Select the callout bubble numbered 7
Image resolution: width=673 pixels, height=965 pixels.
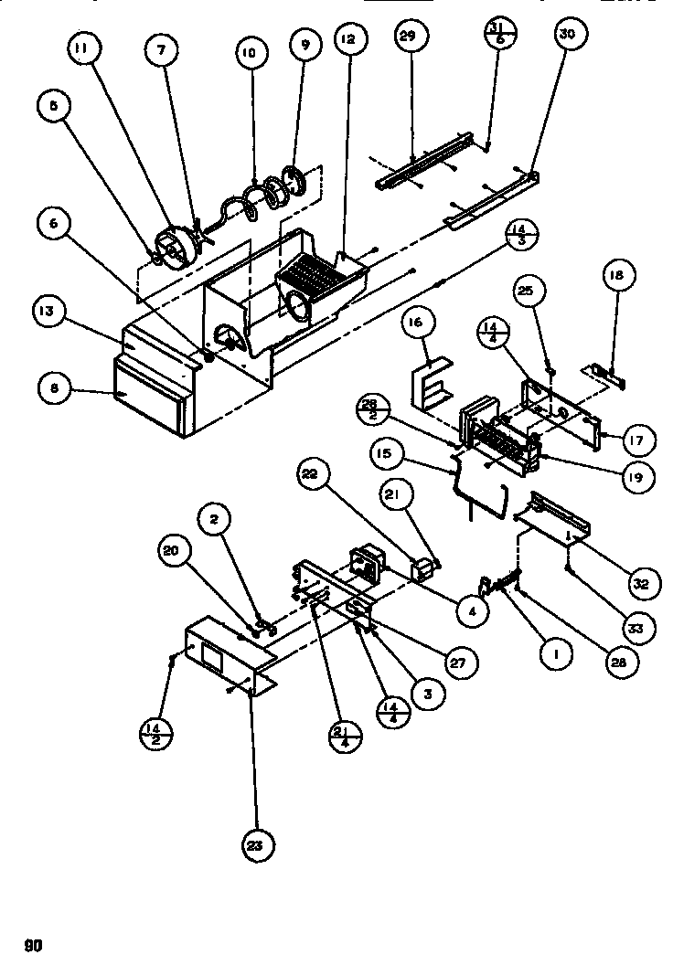point(161,52)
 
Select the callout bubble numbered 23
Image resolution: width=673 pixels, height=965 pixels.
point(257,847)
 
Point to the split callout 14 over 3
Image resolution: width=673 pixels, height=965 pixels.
point(521,234)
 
